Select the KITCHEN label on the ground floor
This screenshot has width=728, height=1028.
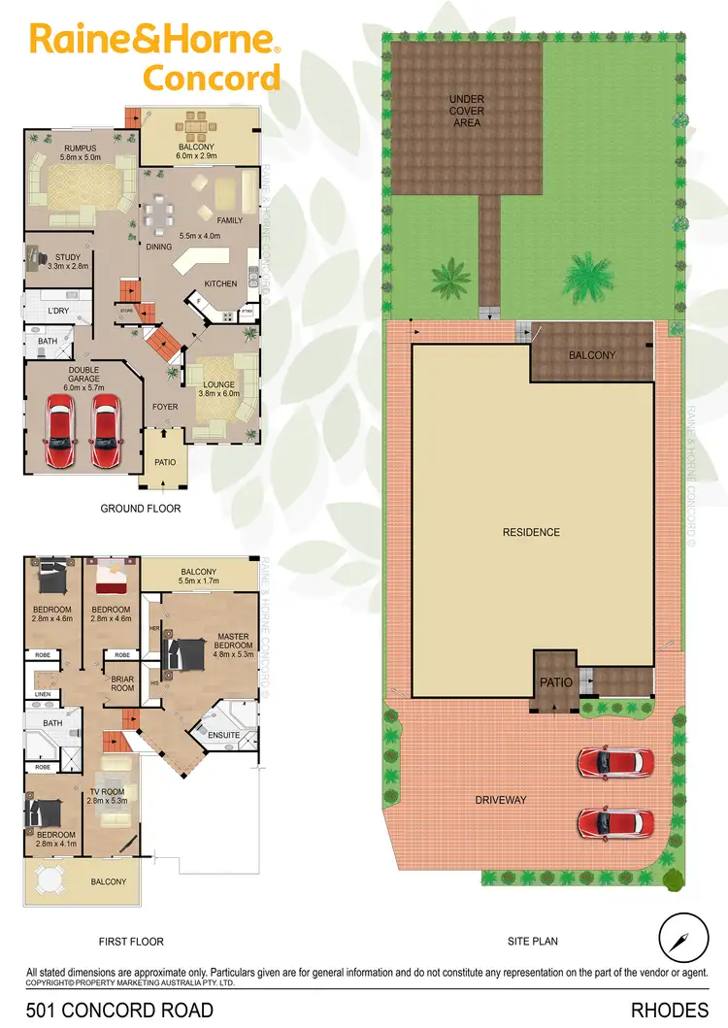click(220, 283)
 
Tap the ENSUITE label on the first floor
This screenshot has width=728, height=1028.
click(223, 735)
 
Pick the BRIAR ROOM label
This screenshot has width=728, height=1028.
click(122, 682)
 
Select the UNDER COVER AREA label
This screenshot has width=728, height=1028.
click(466, 111)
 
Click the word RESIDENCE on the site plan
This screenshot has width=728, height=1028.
click(531, 532)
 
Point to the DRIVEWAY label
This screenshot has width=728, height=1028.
click(501, 800)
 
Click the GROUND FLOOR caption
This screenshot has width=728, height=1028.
click(141, 508)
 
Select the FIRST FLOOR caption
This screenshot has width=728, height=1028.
click(132, 941)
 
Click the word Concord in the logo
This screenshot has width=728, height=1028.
click(212, 77)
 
